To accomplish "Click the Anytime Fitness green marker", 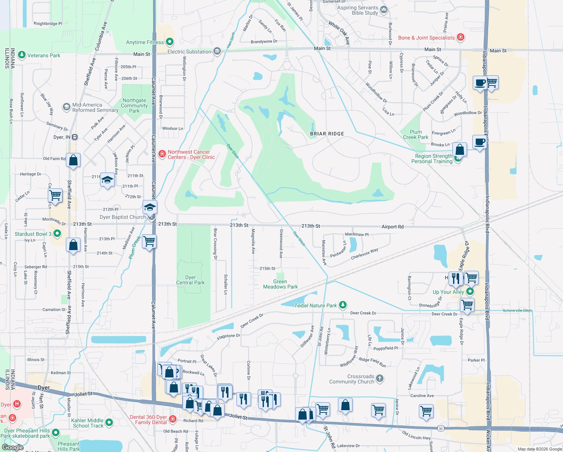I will pos(170,42).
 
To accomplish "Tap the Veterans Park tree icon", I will pos(22,55).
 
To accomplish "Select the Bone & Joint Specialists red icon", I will pos(460,37).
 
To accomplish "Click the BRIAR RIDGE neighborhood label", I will pos(327,134).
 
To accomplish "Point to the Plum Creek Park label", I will pos(415,134).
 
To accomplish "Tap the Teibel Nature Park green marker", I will pos(342,305).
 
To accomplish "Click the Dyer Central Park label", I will pos(190,280).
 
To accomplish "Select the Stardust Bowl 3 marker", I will pos(57,234).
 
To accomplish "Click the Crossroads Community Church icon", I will pos(380,379).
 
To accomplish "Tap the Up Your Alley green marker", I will pos(470,292).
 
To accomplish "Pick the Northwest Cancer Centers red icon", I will pos(162,154).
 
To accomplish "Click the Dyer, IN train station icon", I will pos(75,137).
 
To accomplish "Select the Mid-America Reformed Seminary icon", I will pos(67,107).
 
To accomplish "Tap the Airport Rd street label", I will pos(392,227).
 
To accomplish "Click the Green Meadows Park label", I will pos(280,284).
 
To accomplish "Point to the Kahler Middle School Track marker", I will pos(109,423).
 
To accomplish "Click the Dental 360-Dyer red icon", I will pos(173,419).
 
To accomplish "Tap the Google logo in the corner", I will pos(13,447).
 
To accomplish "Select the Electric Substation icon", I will pos(217,51).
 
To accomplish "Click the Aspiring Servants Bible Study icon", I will pos(384,10).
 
